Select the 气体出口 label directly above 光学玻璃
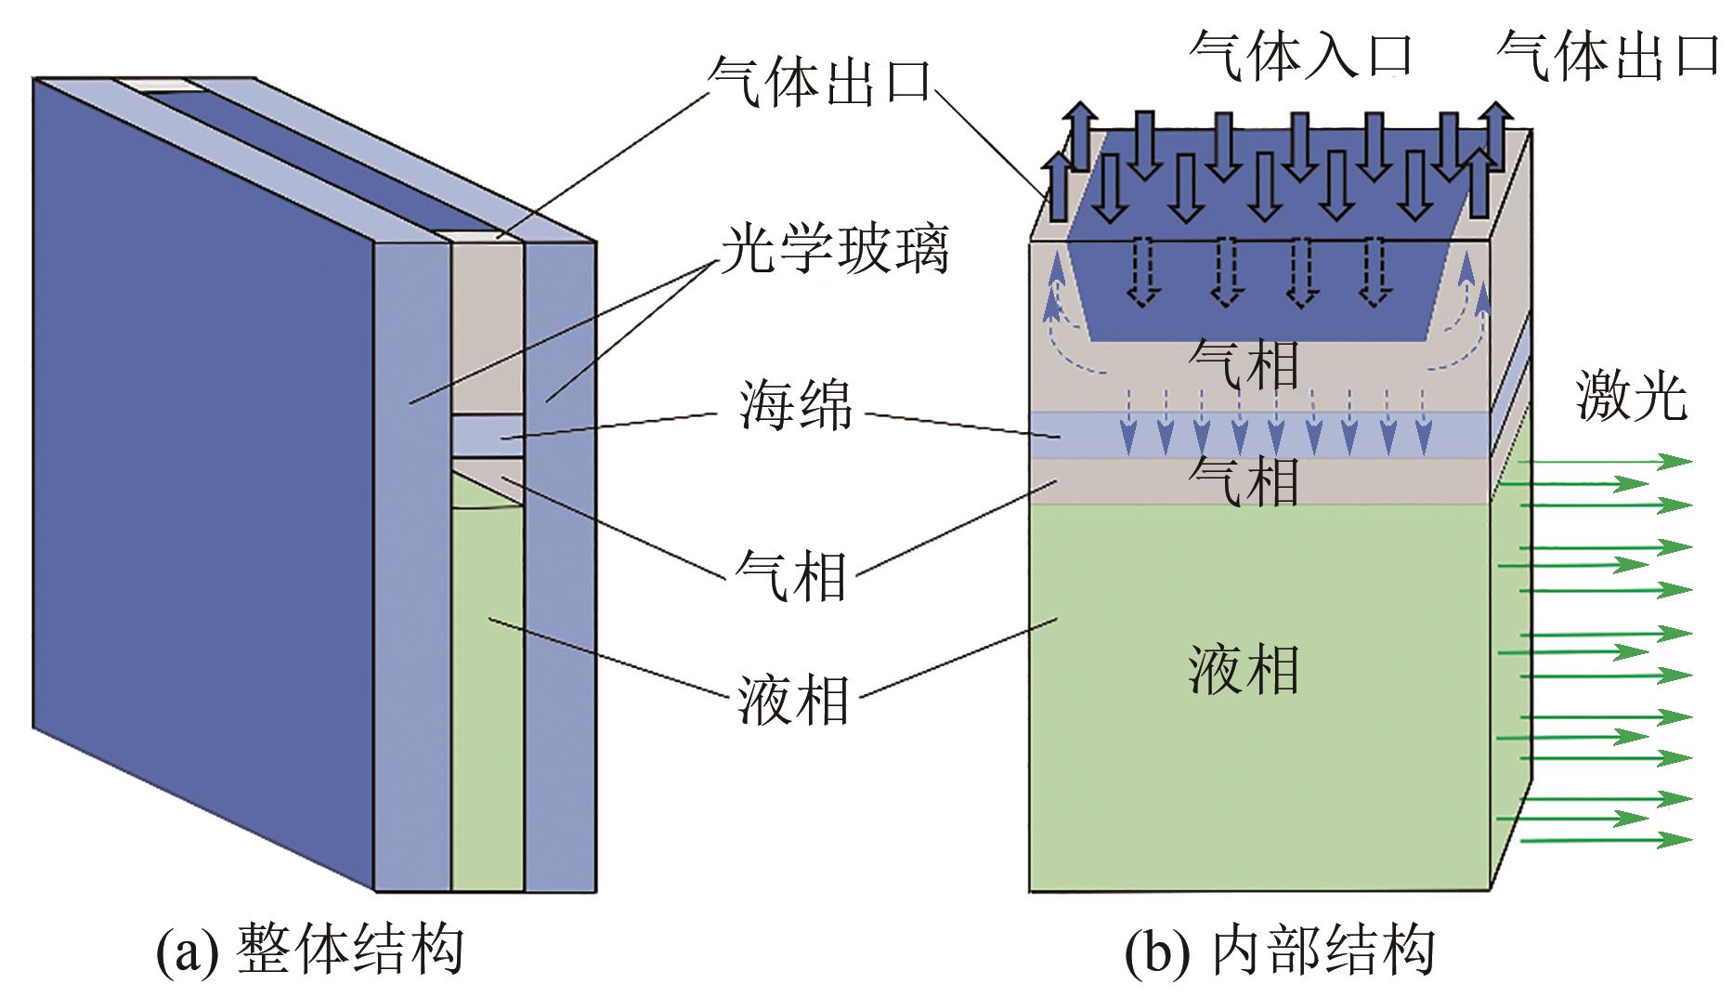coord(818,80)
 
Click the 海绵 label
coord(795,406)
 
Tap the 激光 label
coord(1631,398)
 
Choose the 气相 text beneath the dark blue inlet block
coord(1244,363)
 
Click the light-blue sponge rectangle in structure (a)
coord(488,435)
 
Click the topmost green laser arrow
coord(1597,461)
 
